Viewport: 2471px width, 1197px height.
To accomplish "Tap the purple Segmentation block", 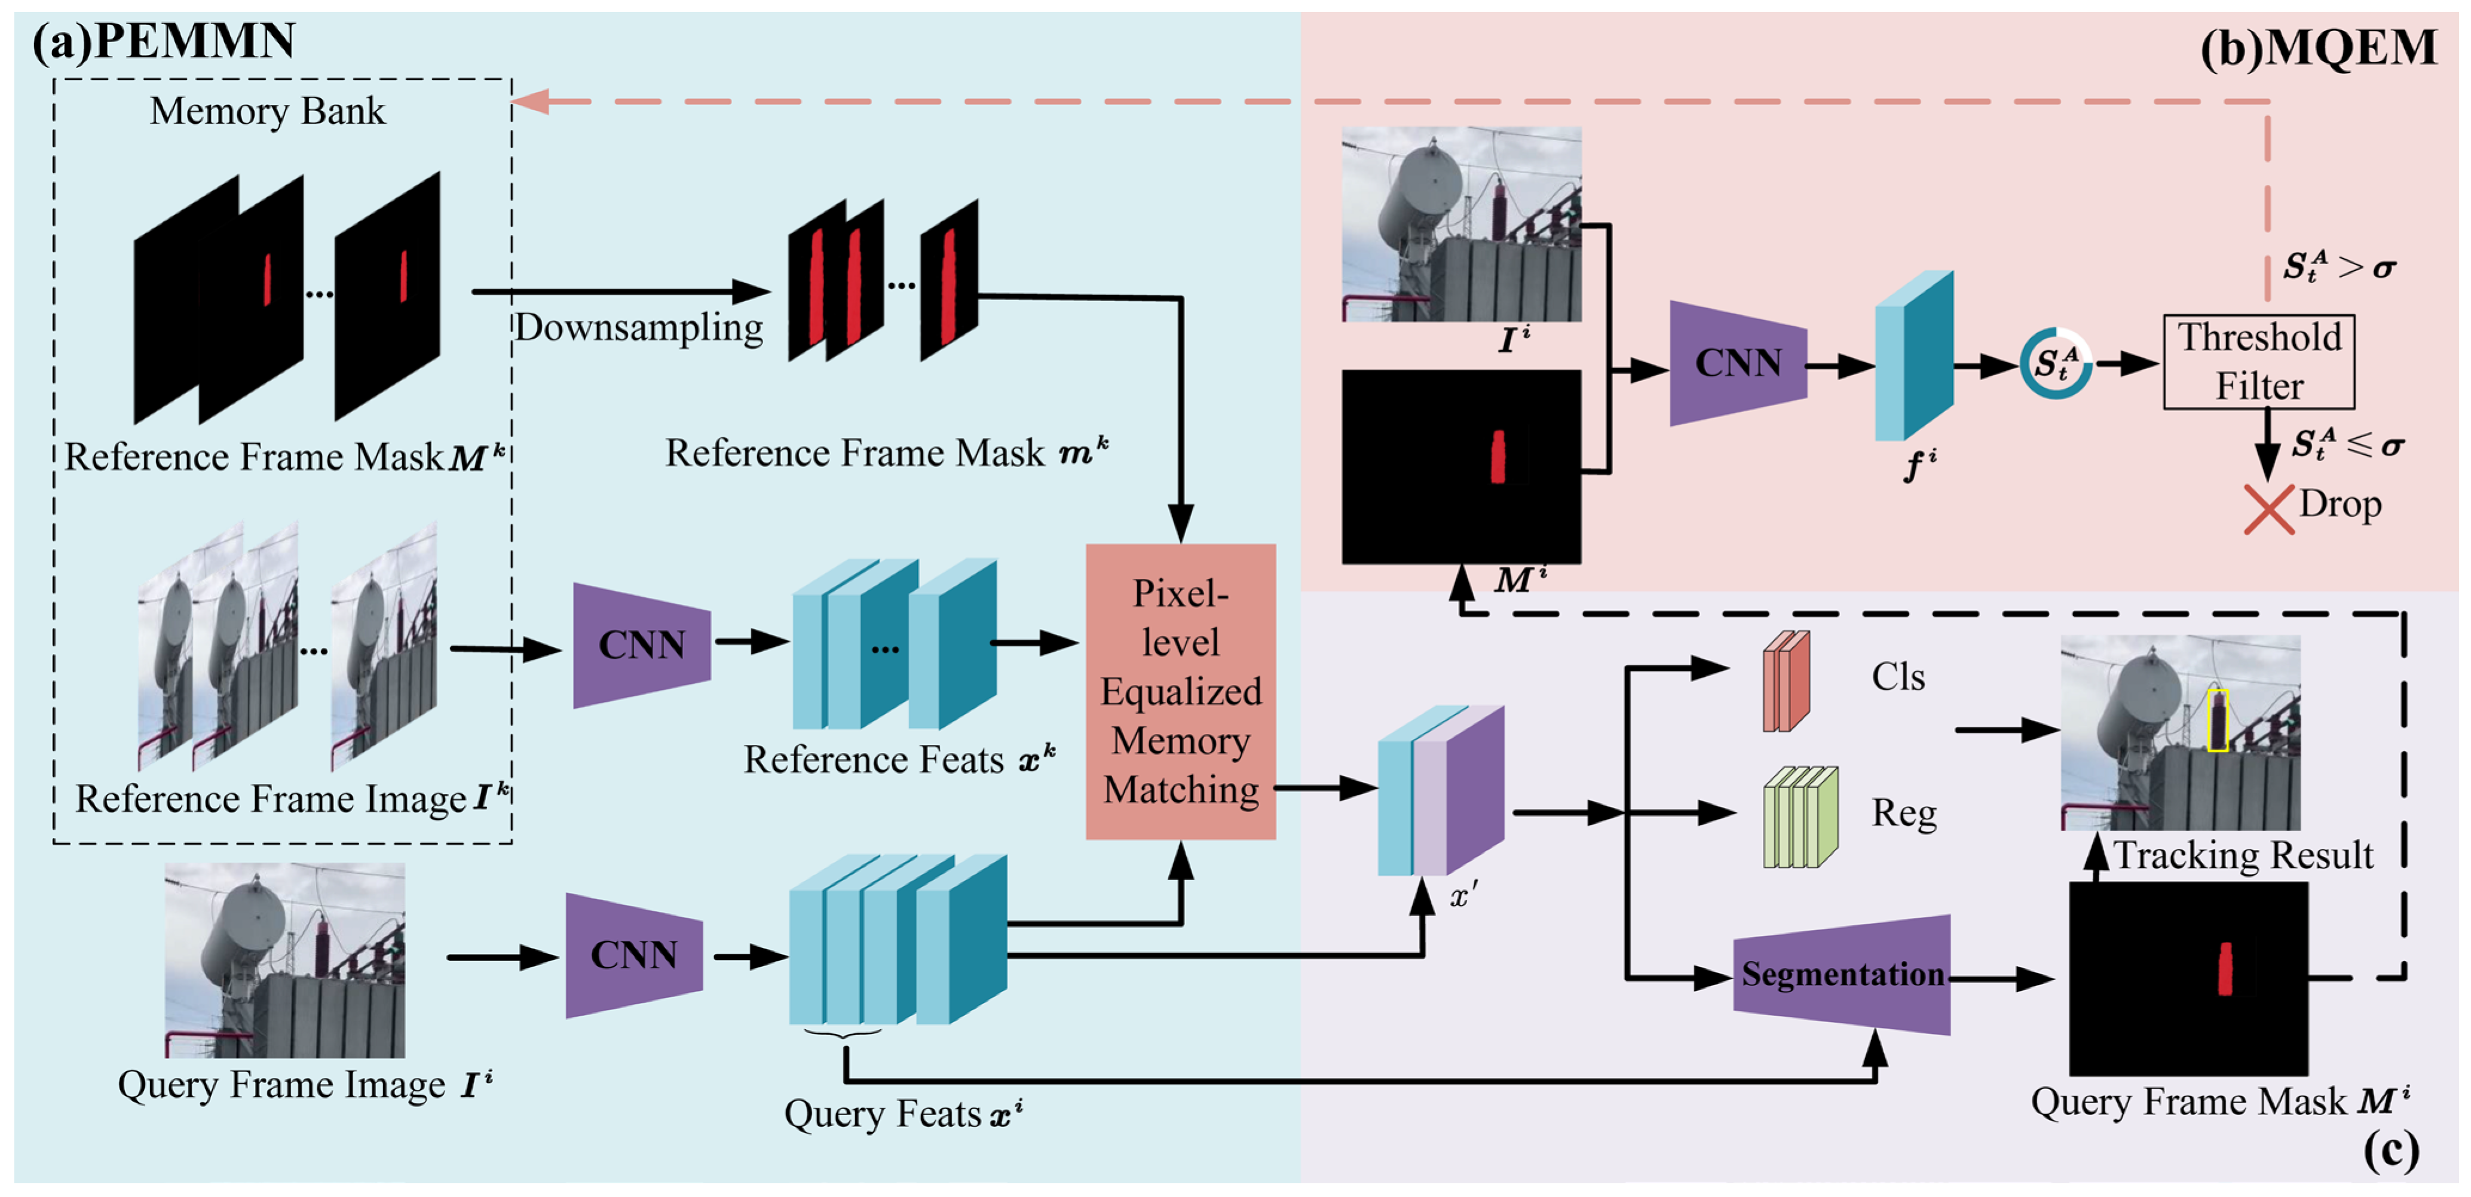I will [x=1842, y=974].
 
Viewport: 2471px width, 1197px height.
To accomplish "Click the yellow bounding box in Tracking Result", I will [x=2217, y=719].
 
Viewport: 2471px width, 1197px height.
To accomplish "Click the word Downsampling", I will [x=639, y=328].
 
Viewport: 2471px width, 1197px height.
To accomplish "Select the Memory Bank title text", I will [x=267, y=111].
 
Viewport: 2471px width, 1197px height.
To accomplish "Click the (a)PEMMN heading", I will [x=164, y=41].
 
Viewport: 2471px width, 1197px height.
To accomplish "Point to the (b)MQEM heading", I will [x=2317, y=48].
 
